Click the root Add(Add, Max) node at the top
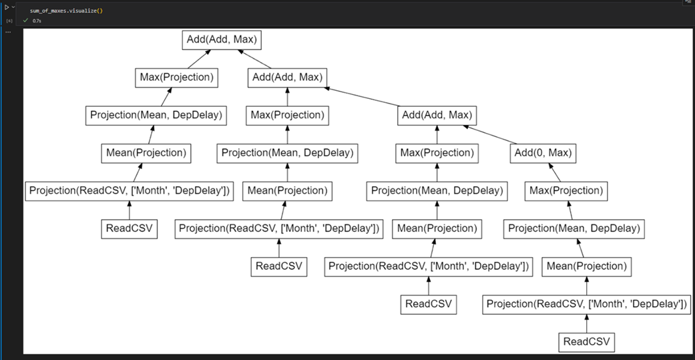click(220, 40)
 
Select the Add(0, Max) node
click(541, 153)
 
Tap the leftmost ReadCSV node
click(130, 228)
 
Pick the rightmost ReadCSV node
click(587, 343)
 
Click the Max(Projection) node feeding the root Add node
click(177, 77)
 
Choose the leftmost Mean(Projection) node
click(146, 153)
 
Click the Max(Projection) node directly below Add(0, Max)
click(566, 191)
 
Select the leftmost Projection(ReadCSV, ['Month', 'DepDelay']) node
click(130, 191)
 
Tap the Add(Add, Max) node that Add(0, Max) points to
click(437, 115)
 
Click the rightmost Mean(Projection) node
click(587, 266)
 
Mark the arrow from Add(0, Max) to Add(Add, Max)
click(494, 134)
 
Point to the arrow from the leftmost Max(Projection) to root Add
click(195, 59)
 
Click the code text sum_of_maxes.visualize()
click(66, 11)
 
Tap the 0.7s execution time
click(37, 21)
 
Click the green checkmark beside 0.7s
click(26, 21)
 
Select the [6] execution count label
click(9, 21)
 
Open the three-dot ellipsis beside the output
click(8, 31)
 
